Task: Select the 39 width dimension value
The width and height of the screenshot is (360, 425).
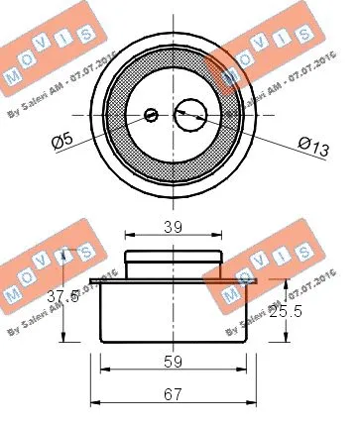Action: click(x=172, y=226)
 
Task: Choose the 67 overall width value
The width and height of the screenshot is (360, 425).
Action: click(x=172, y=393)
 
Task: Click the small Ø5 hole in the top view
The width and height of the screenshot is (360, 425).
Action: click(x=151, y=115)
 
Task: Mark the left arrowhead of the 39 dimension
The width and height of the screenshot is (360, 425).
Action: click(x=128, y=237)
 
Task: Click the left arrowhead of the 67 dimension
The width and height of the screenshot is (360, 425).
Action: click(x=94, y=402)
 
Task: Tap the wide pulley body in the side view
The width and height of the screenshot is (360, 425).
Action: click(x=173, y=312)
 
